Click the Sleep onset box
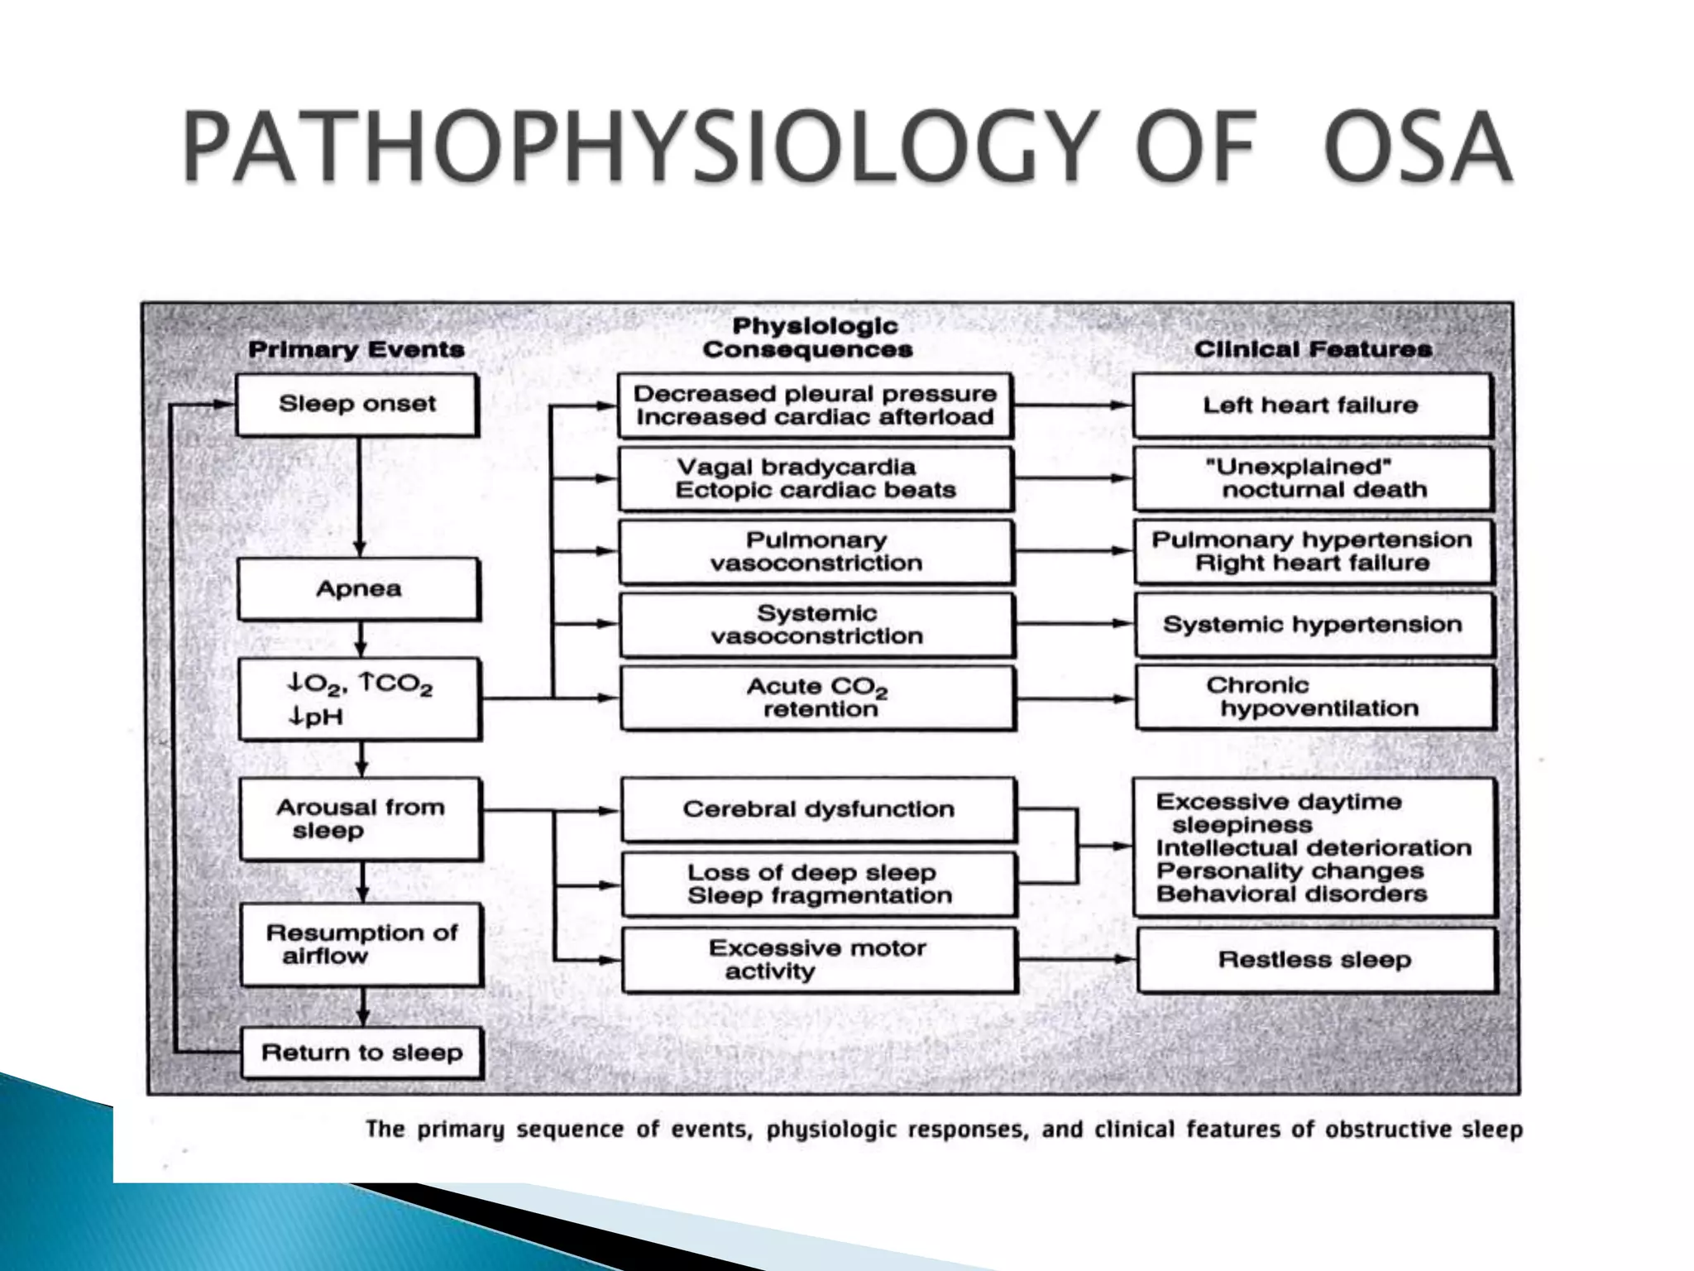coord(357,405)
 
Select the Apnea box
coord(358,589)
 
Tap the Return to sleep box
coord(361,1053)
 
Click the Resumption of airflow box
coord(361,944)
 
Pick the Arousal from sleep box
coord(360,818)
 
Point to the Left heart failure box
coord(1311,405)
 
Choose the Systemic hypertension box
coord(1313,625)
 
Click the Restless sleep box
coord(1315,960)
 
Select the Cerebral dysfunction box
coord(817,809)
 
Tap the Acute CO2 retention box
coord(817,698)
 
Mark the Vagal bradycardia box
coord(815,479)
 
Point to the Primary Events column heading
coord(356,349)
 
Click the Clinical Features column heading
coord(1313,349)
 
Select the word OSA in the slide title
coord(1417,147)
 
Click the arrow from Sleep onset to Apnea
coord(359,496)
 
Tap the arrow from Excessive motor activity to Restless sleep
coord(1076,959)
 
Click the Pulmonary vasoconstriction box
coord(816,552)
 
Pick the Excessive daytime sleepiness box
coord(1314,848)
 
